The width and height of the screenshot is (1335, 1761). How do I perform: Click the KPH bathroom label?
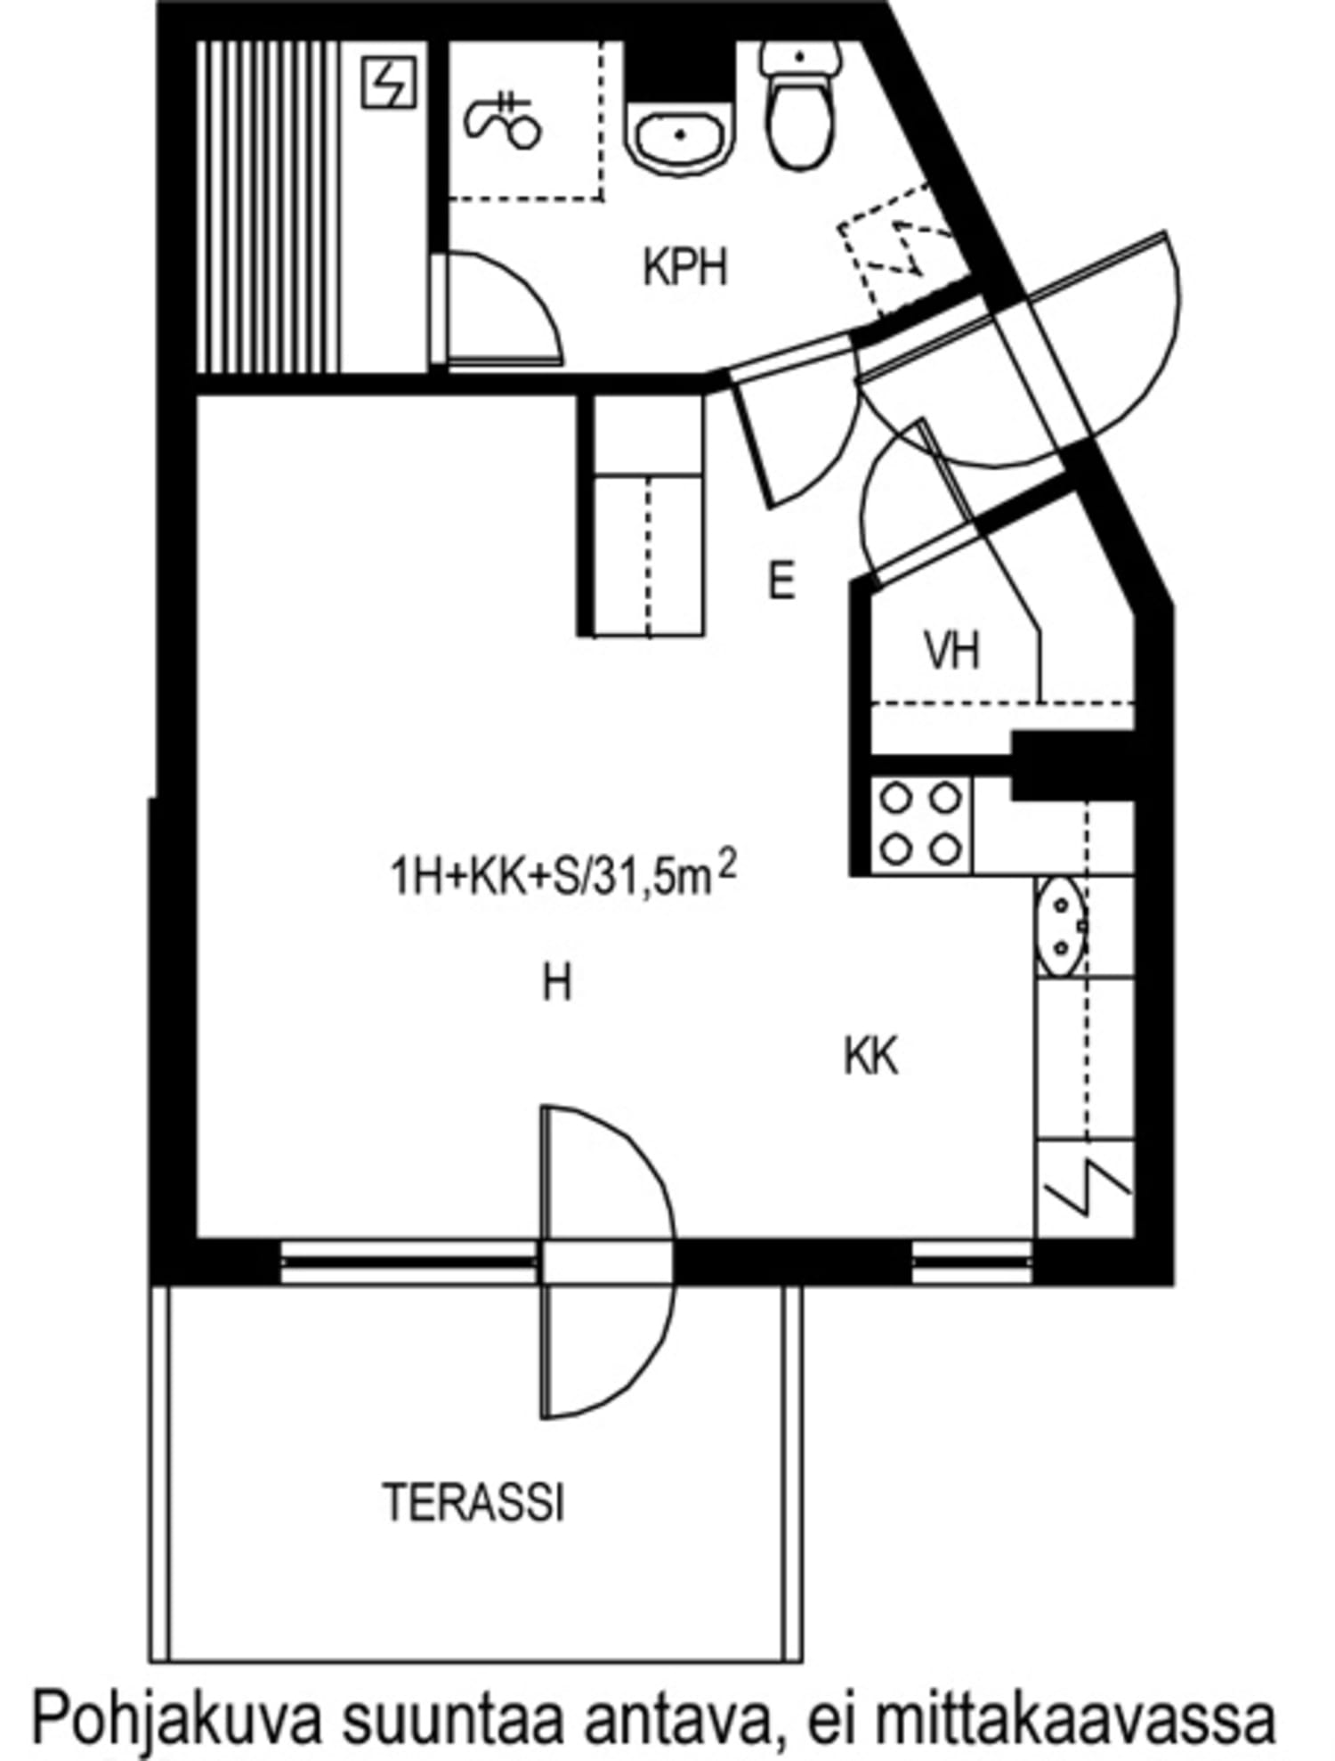[x=685, y=267]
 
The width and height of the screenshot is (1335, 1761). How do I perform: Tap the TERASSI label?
[x=474, y=1502]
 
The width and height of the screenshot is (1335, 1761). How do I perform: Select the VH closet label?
[x=952, y=651]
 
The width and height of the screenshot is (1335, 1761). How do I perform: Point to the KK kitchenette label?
[x=870, y=1057]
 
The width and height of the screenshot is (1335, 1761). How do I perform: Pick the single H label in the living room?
[x=557, y=985]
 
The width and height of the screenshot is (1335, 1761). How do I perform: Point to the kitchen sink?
[x=1061, y=927]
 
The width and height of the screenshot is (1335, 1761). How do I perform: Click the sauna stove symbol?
[x=389, y=83]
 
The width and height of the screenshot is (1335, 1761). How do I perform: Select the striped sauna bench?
[x=267, y=207]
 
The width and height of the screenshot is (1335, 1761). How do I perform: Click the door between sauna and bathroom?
[x=498, y=312]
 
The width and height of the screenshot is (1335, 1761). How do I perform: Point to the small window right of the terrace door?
[x=972, y=1262]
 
